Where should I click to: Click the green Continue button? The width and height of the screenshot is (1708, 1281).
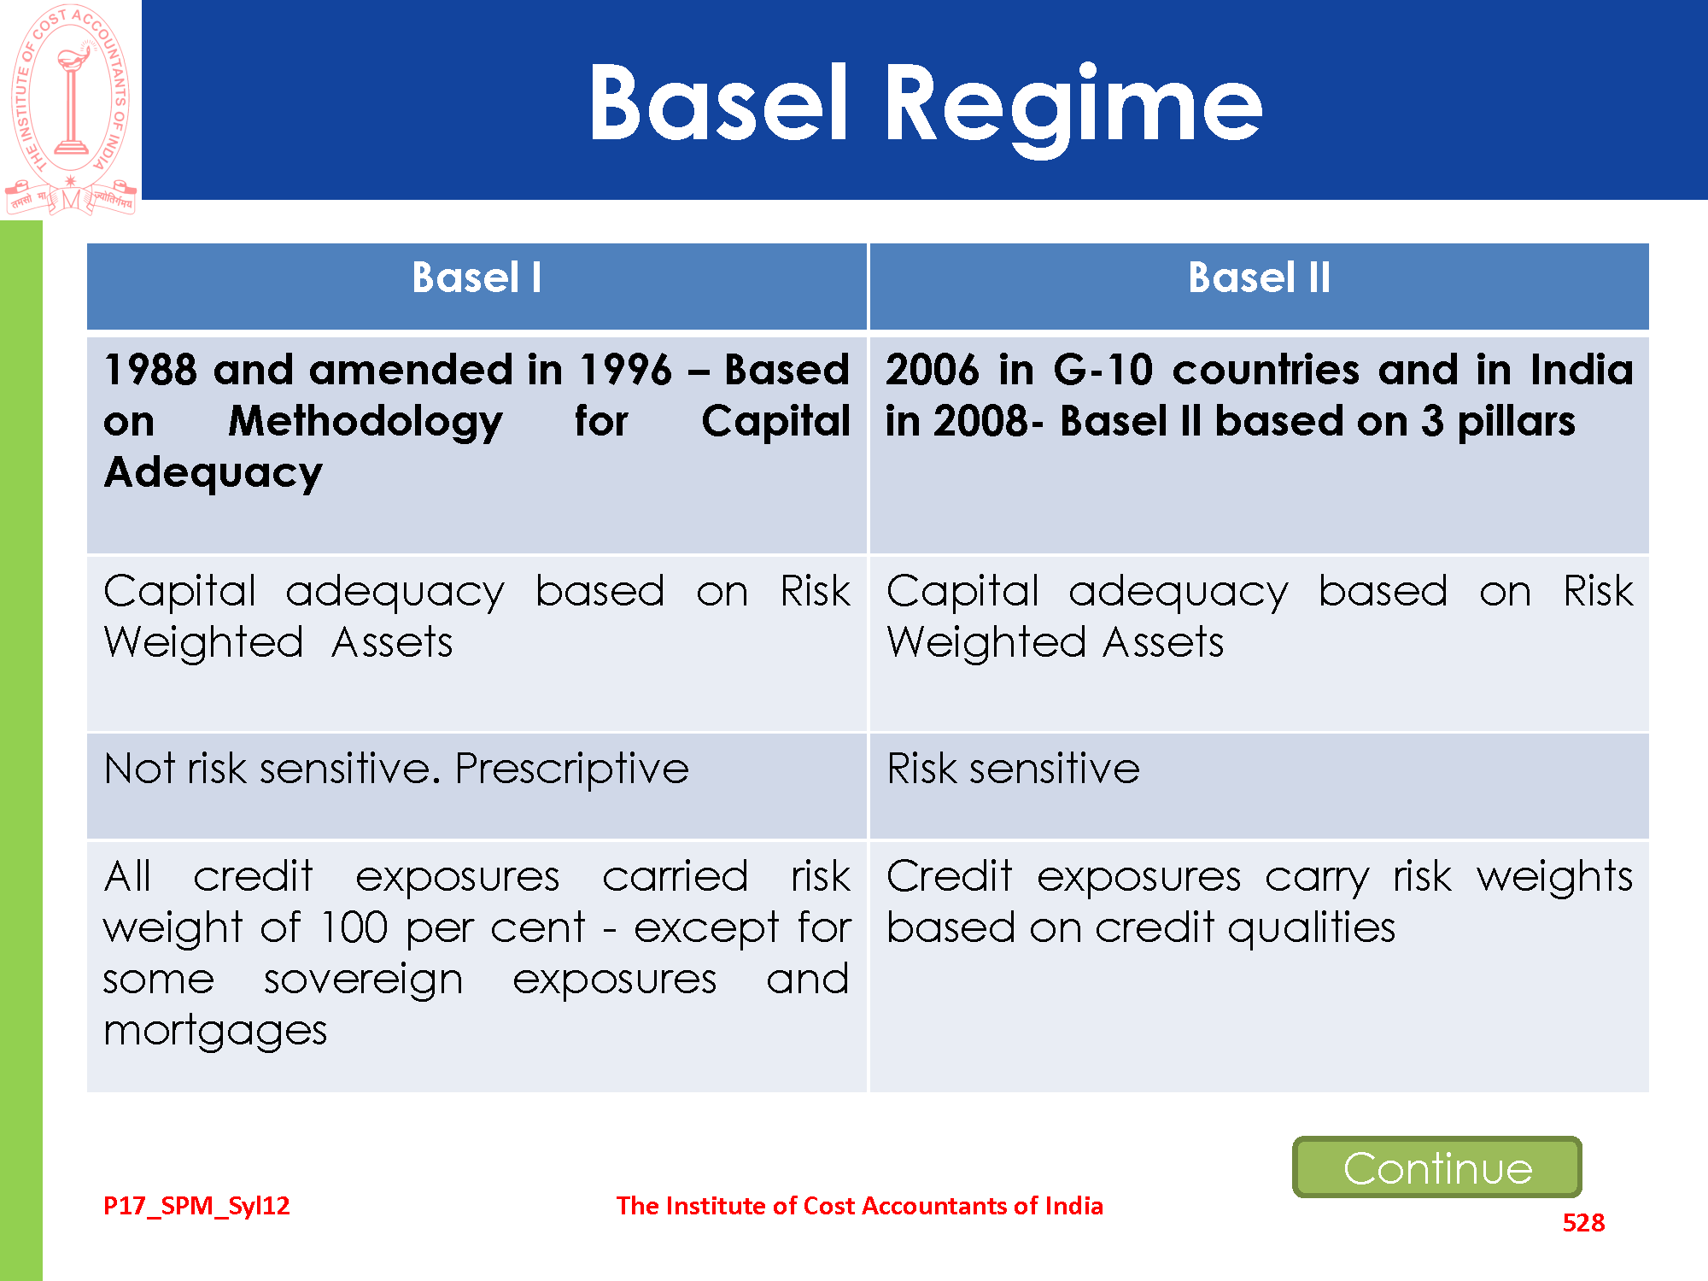1437,1167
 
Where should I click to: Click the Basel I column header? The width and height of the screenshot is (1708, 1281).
477,278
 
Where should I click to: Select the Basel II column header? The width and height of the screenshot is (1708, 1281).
1259,278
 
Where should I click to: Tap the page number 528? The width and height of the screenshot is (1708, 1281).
1583,1223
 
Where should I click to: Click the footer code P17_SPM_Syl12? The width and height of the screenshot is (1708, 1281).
196,1206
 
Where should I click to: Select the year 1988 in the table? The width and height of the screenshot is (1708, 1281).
150,371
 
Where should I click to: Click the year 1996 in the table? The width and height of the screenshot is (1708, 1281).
626,371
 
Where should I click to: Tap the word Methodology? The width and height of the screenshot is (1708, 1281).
366,422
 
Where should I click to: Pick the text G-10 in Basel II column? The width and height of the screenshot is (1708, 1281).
1103,371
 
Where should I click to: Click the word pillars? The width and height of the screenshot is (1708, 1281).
1516,422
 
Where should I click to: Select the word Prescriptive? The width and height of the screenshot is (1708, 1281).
571,769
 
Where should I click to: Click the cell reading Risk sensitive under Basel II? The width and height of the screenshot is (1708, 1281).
1013,769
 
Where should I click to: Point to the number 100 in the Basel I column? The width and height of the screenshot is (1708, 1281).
354,928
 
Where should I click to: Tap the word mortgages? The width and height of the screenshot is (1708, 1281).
215,1032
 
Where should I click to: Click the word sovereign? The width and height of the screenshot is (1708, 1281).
363,980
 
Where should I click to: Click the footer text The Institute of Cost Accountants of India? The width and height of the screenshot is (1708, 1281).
859,1206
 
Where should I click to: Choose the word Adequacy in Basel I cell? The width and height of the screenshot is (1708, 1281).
213,473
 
